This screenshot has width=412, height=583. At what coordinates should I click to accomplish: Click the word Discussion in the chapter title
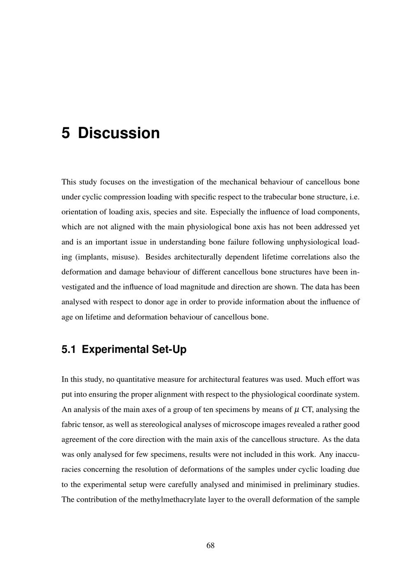coord(119,133)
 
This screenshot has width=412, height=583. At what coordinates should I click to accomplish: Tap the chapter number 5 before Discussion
coord(66,133)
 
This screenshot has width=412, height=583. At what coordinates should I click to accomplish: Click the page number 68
coord(210,545)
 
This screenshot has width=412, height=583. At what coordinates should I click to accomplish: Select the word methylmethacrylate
coord(176,499)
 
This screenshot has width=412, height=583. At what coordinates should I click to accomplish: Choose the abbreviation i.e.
coord(354,197)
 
